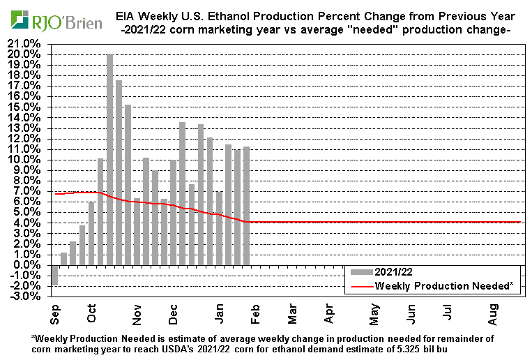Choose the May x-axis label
point(374,315)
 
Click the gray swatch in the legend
point(361,273)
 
